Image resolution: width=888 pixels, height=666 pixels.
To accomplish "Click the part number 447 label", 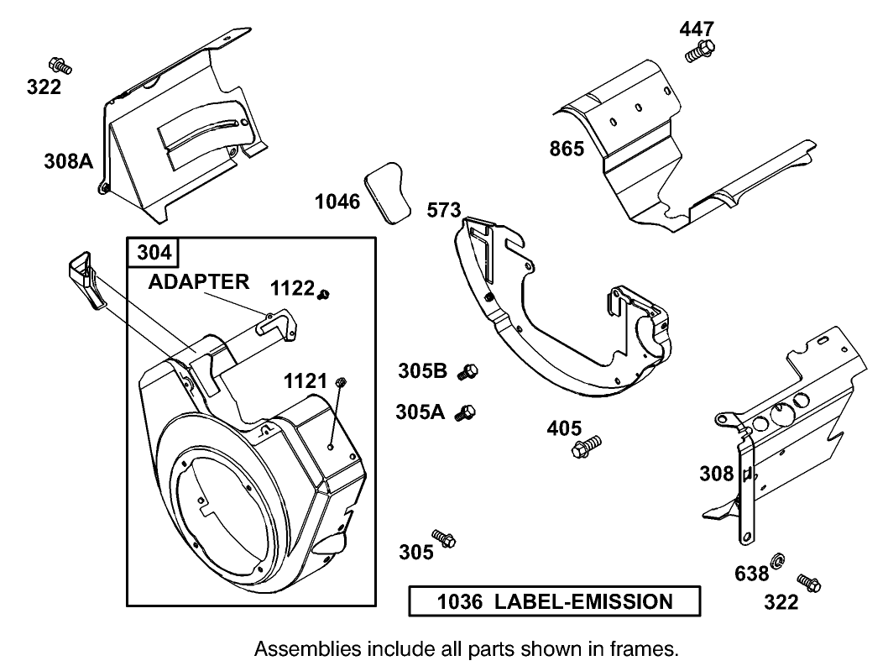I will tap(697, 29).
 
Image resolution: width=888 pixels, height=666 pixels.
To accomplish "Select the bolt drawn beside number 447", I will tap(699, 50).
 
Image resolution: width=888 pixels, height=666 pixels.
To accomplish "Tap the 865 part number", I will tap(567, 149).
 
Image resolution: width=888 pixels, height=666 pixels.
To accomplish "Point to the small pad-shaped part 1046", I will tap(384, 193).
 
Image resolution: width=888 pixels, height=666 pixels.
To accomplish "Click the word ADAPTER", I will tap(199, 281).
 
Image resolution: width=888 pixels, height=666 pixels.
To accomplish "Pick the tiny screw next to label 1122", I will tap(325, 293).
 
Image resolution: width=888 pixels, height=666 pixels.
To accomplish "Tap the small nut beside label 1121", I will tap(341, 383).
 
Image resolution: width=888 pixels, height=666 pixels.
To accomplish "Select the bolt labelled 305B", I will tap(468, 372).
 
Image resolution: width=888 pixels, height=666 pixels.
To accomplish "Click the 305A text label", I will tap(420, 412).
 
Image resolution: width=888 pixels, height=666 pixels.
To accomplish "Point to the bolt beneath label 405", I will tap(587, 446).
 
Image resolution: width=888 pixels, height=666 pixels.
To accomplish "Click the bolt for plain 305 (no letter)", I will tap(443, 538).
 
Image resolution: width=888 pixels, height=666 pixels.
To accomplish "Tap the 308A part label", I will tap(68, 161).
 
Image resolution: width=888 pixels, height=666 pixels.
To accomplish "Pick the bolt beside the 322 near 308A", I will tap(60, 64).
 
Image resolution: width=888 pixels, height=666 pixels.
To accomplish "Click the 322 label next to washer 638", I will tap(781, 601).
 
